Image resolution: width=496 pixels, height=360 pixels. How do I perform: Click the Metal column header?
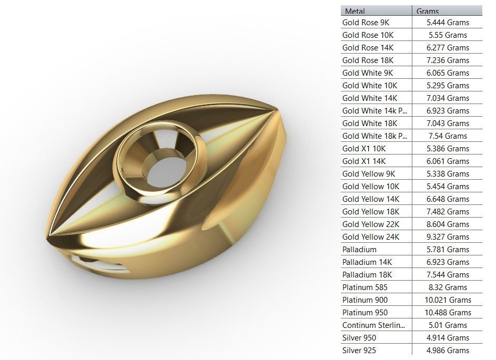pos(355,11)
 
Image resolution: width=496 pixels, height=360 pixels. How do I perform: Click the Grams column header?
pos(428,11)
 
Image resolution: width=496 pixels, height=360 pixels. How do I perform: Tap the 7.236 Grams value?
pos(448,60)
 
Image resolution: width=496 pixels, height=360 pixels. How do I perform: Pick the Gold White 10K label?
pos(369,86)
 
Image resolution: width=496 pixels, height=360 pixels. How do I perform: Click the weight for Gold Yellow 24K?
pos(448,237)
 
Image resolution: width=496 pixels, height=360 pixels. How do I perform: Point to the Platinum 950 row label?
pos(365,313)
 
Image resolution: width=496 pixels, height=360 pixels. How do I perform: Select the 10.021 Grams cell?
pos(449,300)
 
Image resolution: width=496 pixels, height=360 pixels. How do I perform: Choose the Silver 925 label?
pos(359,351)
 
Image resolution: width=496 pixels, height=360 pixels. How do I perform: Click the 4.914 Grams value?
pos(448,338)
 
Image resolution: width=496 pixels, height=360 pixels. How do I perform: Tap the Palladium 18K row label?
pos(367,275)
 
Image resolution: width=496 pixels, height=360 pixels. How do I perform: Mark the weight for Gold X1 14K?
pos(448,161)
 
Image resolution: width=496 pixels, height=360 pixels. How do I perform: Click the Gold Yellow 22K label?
pos(370,224)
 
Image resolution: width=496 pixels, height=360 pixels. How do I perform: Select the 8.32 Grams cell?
pos(448,287)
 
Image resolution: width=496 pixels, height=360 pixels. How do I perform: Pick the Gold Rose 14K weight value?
pos(448,48)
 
